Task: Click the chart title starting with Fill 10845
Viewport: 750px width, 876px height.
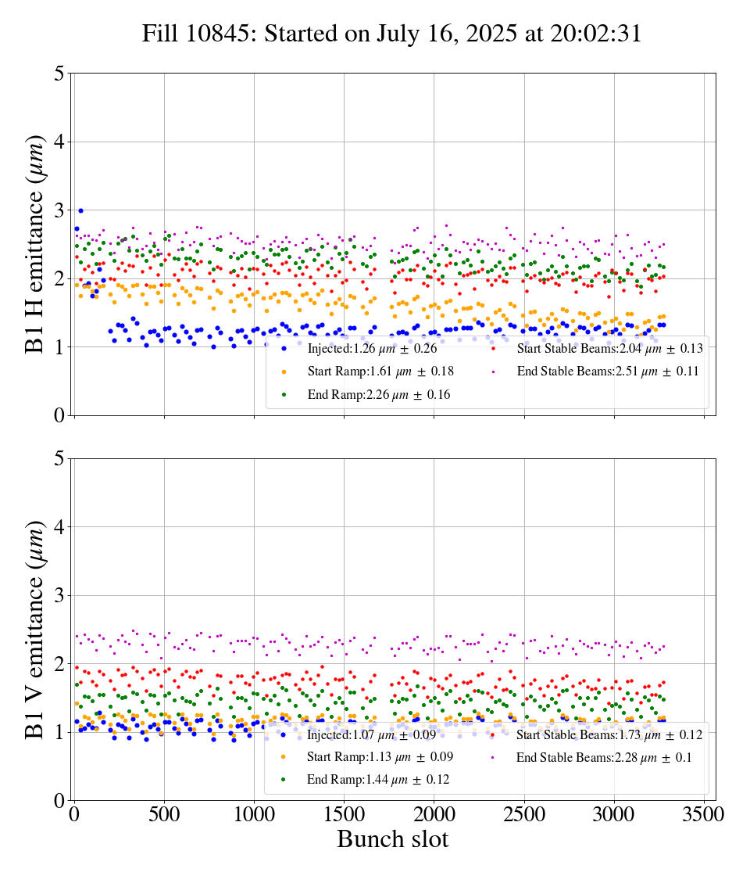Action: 391,34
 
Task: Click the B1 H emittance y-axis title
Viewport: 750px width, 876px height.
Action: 35,243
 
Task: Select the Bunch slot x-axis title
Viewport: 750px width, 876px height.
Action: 393,839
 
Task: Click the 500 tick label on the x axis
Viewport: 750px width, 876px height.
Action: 164,814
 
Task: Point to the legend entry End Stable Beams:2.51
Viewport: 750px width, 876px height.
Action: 602,371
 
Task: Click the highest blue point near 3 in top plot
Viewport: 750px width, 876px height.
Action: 80,210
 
